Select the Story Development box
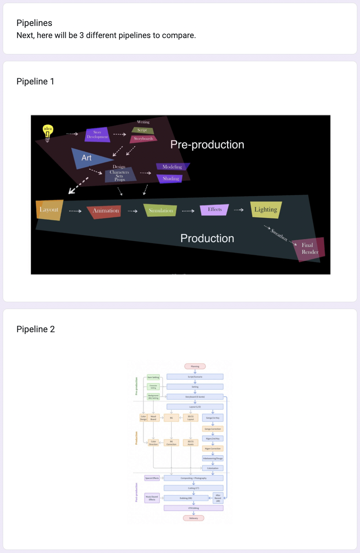pyautogui.click(x=97, y=135)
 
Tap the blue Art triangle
pyautogui.click(x=88, y=158)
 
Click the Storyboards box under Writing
pyautogui.click(x=144, y=138)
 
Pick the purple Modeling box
pyautogui.click(x=172, y=167)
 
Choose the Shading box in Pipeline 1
pyautogui.click(x=171, y=179)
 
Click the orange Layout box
pyautogui.click(x=49, y=210)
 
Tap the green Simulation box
pyautogui.click(x=161, y=210)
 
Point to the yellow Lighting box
pyautogui.click(x=266, y=209)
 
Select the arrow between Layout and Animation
pyautogui.click(x=75, y=211)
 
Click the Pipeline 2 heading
pyautogui.click(x=36, y=329)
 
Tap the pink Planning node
pyautogui.click(x=195, y=366)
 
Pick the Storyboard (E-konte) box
pyautogui.click(x=195, y=397)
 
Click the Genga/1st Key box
pyautogui.click(x=213, y=418)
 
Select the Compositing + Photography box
pyautogui.click(x=193, y=478)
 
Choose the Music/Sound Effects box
pyautogui.click(x=152, y=498)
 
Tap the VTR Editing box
pyautogui.click(x=193, y=508)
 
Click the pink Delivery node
pyautogui.click(x=193, y=518)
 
